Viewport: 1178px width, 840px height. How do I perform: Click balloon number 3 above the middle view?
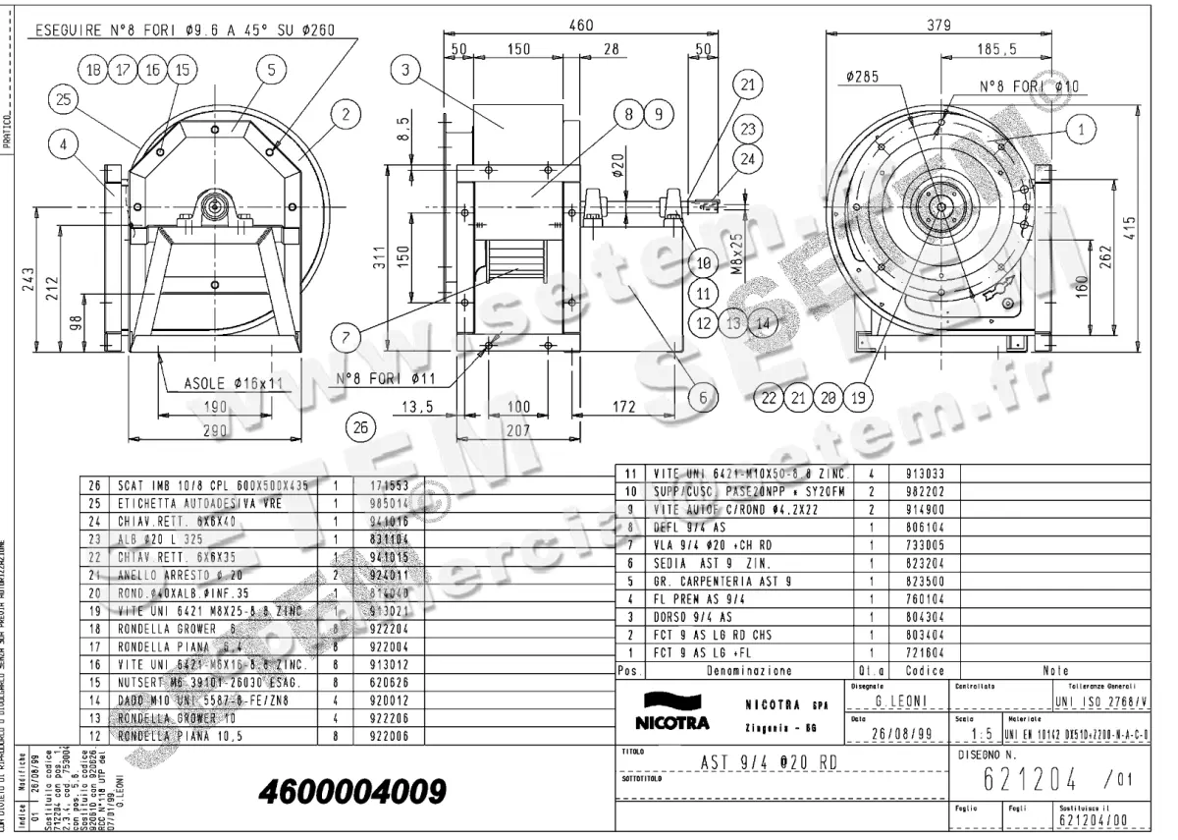(x=405, y=69)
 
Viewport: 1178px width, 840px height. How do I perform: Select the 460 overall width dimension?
(x=581, y=26)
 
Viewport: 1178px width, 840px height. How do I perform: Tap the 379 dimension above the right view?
(x=939, y=26)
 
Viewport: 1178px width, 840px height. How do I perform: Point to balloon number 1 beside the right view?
(x=1081, y=128)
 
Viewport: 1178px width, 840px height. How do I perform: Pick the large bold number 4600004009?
(x=352, y=791)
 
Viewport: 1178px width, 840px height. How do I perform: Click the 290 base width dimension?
(x=215, y=429)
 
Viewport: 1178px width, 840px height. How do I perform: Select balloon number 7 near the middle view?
(x=347, y=336)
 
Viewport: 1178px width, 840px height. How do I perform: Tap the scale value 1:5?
(x=976, y=735)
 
